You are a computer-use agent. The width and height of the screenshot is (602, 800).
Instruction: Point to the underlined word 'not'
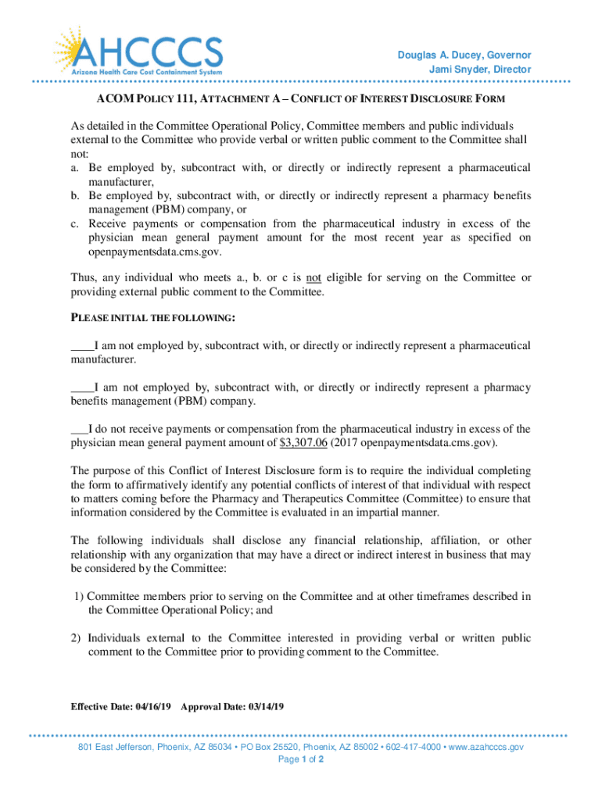(314, 277)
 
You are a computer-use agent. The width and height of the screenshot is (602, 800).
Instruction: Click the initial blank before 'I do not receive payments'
(79, 429)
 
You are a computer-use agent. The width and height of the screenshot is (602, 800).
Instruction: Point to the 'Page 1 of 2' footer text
(301, 759)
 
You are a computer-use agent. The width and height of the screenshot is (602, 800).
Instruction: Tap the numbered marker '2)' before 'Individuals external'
(77, 638)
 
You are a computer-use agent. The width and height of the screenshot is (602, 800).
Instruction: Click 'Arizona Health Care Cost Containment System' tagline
(147, 72)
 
